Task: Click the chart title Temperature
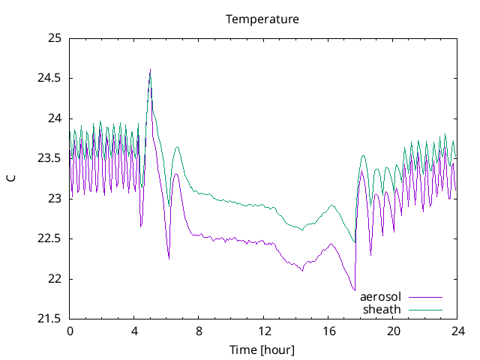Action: click(262, 19)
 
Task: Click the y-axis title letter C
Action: click(10, 178)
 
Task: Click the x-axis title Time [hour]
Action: click(262, 349)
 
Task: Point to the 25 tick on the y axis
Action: click(54, 38)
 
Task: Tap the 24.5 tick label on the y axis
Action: click(49, 78)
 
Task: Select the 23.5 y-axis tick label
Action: click(49, 158)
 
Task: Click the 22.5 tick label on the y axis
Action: click(49, 238)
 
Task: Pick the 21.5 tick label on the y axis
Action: click(49, 319)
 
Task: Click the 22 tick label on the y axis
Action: click(54, 279)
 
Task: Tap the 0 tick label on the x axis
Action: click(70, 331)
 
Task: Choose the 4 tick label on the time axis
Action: click(134, 331)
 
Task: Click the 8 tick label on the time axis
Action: click(199, 331)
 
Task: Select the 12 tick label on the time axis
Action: click(264, 331)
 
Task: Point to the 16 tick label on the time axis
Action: click(328, 331)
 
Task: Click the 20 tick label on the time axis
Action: click(393, 331)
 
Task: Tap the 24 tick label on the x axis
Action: click(457, 331)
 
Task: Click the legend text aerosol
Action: click(381, 297)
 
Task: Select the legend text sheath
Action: click(382, 309)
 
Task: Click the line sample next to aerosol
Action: click(424, 298)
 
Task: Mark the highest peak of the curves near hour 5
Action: click(150, 70)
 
